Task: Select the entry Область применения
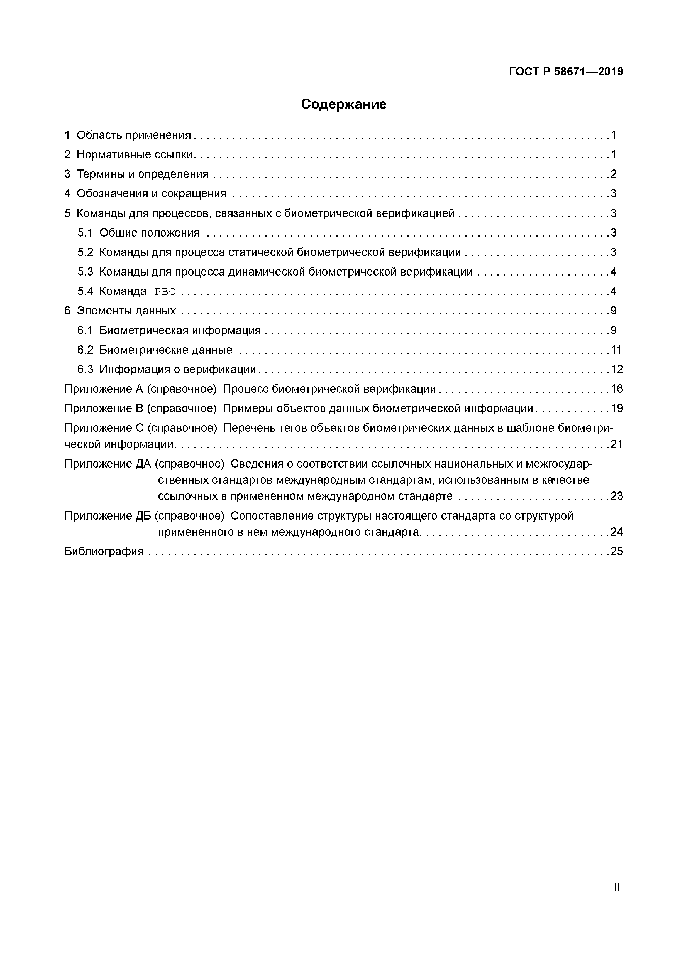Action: point(134,135)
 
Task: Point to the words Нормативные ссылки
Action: point(135,155)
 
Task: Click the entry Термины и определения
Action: point(143,174)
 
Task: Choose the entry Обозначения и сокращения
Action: point(152,194)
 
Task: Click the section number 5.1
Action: point(85,233)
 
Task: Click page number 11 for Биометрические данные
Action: point(616,350)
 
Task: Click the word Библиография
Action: point(104,552)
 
